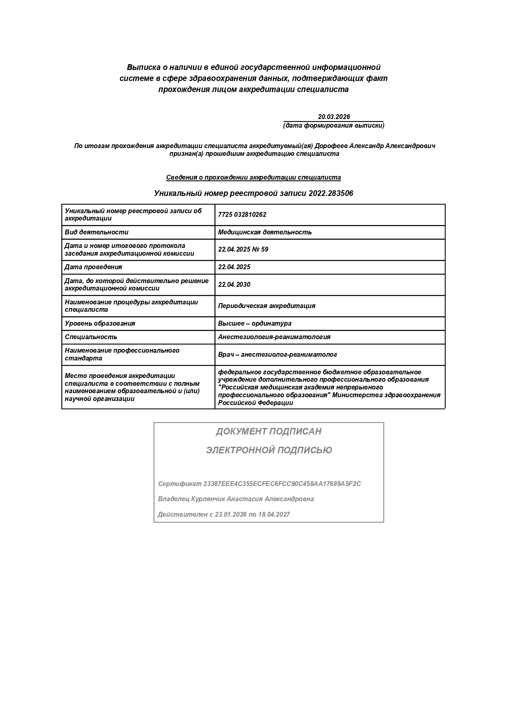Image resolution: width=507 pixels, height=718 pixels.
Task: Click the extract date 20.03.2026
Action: tap(334, 117)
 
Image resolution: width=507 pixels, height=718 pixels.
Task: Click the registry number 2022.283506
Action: tap(331, 194)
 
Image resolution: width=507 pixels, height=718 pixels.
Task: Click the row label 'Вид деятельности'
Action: tap(96, 232)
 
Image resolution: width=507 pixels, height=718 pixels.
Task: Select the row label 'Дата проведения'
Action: tap(93, 267)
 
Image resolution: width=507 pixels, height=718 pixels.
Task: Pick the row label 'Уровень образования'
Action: tap(100, 324)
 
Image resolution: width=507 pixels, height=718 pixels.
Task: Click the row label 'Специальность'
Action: tap(91, 337)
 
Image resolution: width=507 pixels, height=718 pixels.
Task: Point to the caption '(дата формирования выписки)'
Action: tap(334, 126)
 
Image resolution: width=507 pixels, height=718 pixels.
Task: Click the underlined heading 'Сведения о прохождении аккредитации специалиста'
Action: tap(253, 178)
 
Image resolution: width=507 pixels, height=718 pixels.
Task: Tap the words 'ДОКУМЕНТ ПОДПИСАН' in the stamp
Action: tap(269, 432)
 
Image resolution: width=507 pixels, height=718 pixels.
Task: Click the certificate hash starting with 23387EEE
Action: tap(282, 484)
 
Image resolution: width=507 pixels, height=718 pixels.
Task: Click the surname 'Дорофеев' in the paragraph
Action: tap(329, 146)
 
